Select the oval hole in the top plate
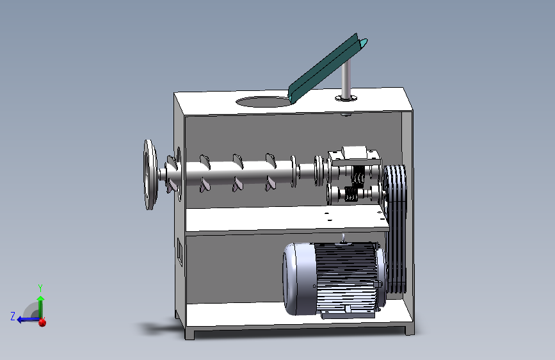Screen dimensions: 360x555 (262, 101)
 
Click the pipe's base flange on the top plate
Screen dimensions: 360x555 (346, 98)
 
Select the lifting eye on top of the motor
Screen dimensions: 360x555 (343, 240)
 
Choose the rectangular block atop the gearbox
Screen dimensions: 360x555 (355, 152)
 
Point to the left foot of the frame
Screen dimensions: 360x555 (190, 332)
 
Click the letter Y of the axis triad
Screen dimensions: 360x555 (40, 288)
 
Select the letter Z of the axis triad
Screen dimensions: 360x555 (13, 316)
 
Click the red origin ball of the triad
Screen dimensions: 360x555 (42, 322)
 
